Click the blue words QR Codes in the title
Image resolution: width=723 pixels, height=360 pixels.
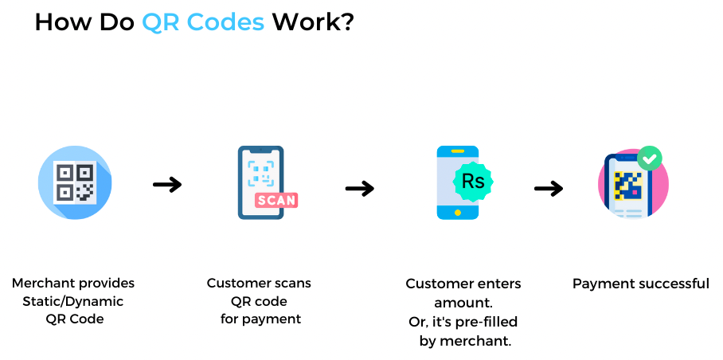(x=203, y=22)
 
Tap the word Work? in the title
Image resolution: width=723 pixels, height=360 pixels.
(x=313, y=22)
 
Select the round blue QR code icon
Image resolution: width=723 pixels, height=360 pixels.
(x=75, y=182)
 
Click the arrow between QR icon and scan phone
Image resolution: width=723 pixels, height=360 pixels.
(x=167, y=185)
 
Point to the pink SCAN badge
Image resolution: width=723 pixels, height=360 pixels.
(x=276, y=200)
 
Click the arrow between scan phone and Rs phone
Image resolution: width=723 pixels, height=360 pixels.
(x=360, y=188)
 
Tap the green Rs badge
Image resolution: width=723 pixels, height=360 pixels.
(x=473, y=182)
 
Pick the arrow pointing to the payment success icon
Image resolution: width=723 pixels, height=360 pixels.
(x=549, y=188)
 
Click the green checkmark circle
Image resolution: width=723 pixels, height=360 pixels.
(x=650, y=158)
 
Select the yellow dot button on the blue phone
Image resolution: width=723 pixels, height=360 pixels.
(x=457, y=213)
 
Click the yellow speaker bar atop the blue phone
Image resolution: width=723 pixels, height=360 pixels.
(x=457, y=151)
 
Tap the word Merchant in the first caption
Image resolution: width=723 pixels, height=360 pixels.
(x=38, y=283)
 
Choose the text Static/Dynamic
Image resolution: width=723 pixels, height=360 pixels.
(x=73, y=302)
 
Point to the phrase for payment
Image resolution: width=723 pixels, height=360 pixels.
(x=260, y=319)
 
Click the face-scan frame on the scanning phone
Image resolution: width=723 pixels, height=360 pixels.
(x=260, y=174)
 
